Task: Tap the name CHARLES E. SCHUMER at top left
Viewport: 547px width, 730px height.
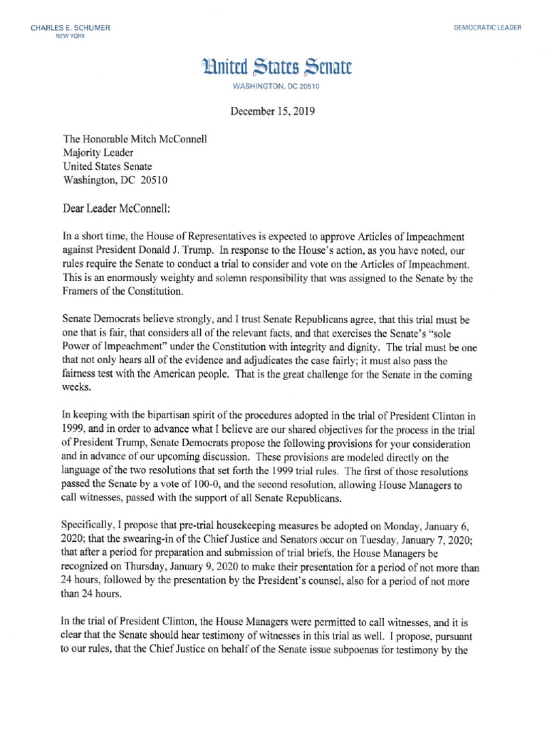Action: pyautogui.click(x=70, y=28)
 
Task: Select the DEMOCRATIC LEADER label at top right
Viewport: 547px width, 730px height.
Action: pyautogui.click(x=487, y=28)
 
